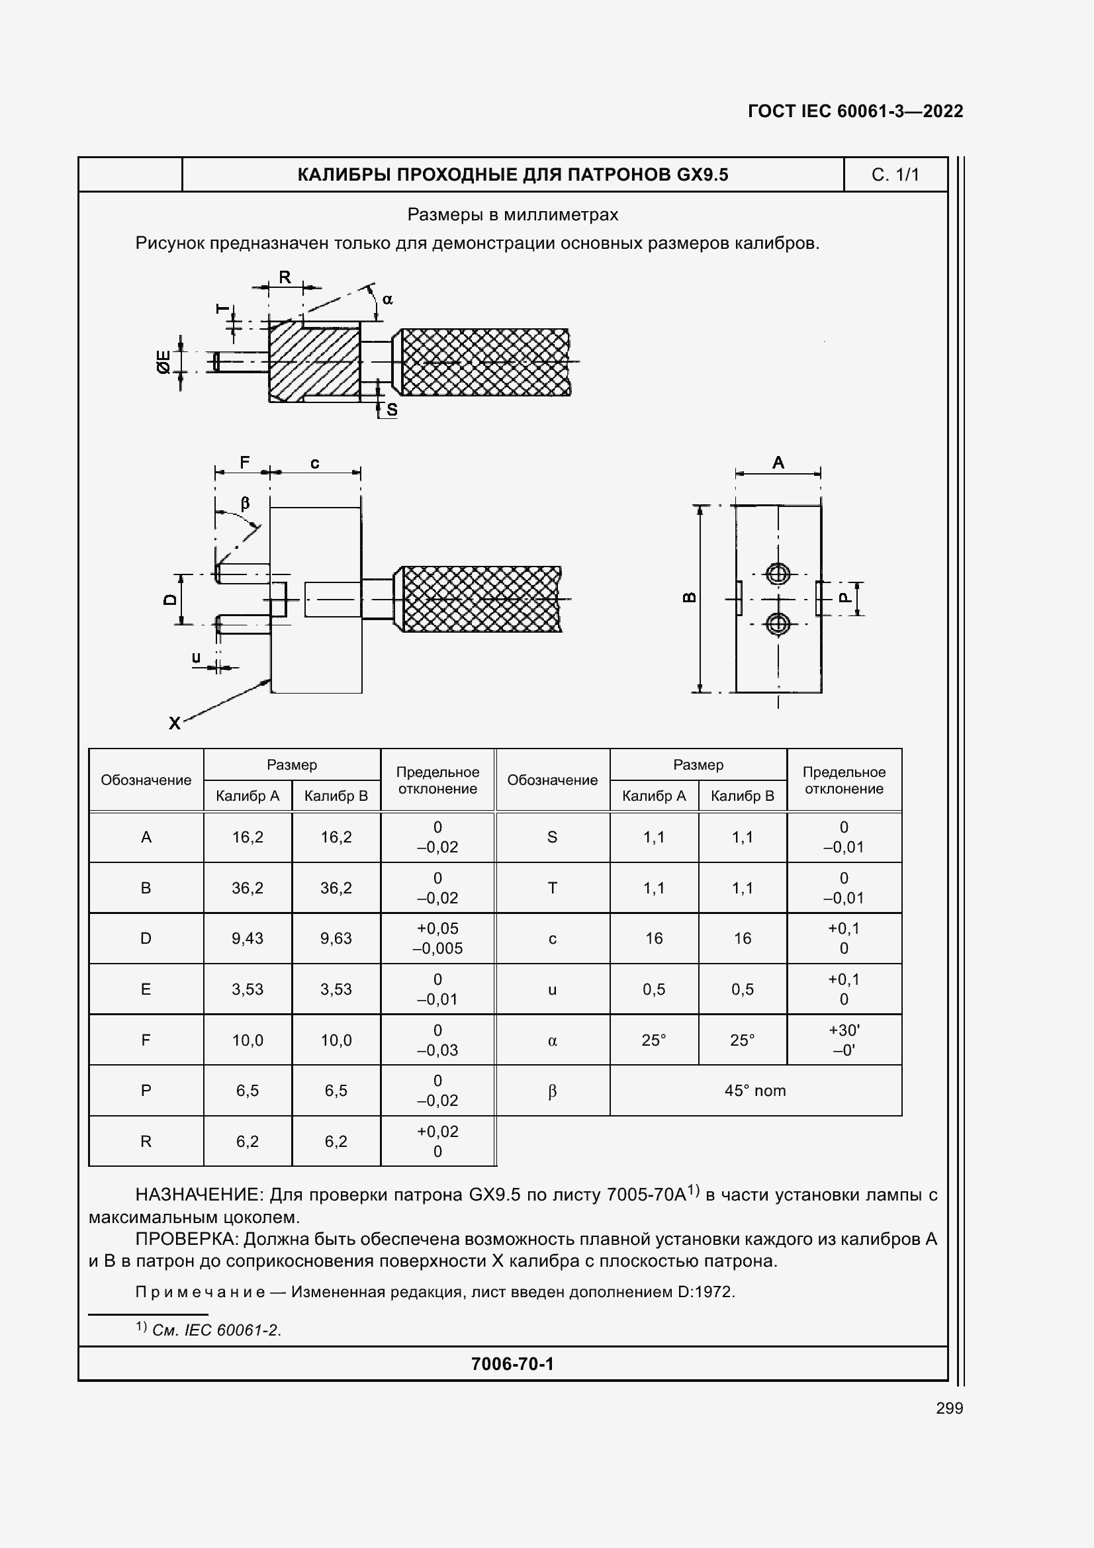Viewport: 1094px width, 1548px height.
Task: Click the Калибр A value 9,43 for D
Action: (x=248, y=938)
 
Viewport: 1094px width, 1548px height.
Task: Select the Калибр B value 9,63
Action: (x=336, y=938)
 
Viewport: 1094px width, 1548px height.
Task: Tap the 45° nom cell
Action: (x=755, y=1090)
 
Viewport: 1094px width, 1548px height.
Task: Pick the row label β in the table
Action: (x=552, y=1091)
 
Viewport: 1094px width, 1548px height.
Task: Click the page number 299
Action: (x=949, y=1408)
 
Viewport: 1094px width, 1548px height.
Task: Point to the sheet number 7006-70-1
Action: (x=512, y=1363)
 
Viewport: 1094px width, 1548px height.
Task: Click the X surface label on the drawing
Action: (x=174, y=723)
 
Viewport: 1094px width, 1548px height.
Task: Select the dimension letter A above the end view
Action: (x=778, y=463)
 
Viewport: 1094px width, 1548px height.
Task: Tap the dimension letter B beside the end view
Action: (x=690, y=597)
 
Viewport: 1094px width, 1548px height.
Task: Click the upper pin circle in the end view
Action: (x=778, y=574)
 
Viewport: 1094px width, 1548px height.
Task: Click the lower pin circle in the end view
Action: (x=778, y=623)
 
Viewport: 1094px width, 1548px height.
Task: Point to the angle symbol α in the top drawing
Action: (x=387, y=298)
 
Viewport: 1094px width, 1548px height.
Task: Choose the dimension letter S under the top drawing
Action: (x=392, y=409)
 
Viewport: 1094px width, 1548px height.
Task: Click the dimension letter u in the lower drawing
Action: (x=196, y=657)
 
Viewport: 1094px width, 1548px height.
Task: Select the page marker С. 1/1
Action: (x=895, y=175)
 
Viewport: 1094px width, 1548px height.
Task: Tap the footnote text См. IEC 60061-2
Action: (x=216, y=1330)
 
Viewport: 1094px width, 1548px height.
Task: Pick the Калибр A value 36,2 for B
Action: (x=248, y=888)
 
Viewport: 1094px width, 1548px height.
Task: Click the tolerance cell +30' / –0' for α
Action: (x=844, y=1040)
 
